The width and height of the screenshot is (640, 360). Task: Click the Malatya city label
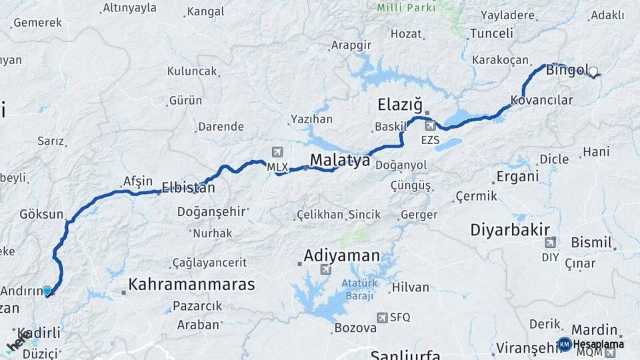340,160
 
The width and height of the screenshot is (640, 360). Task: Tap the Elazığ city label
400,105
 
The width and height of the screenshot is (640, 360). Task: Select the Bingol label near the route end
567,70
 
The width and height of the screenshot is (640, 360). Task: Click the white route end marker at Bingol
593,71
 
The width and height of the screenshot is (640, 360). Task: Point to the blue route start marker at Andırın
47,291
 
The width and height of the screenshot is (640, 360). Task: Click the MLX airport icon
277,153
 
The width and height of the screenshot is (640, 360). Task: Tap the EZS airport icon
430,125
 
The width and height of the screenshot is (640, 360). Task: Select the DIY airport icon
550,243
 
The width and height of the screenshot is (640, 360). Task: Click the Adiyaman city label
341,255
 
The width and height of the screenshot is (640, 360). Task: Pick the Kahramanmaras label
191,285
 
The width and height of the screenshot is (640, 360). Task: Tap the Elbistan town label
188,188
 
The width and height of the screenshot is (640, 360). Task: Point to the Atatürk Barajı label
360,289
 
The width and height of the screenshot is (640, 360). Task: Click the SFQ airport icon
383,317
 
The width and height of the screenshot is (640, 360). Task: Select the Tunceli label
491,33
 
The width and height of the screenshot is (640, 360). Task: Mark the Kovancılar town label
541,100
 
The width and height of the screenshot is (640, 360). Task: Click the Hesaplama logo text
599,344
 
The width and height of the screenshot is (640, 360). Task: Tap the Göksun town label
41,215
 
